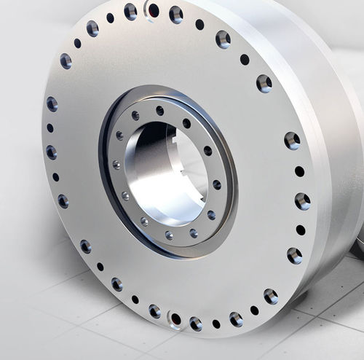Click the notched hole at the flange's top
coord(153,9)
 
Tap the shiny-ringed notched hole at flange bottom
coord(175,318)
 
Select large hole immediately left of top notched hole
coord(130,11)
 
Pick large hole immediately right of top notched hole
coord(176,13)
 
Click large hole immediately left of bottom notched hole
coord(154,311)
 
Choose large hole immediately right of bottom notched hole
coord(196,323)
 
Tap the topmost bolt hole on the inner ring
coord(160,111)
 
